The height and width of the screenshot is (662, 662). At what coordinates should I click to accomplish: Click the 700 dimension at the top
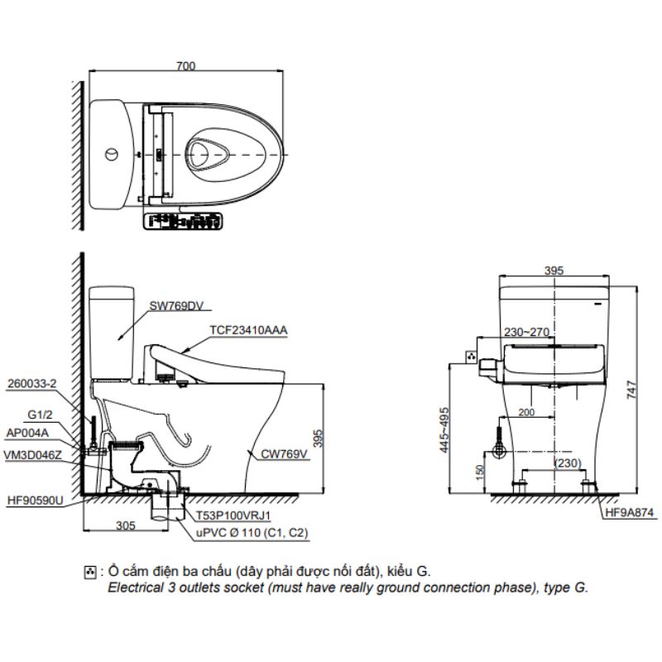click(186, 66)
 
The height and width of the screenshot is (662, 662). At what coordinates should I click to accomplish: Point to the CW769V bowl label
click(285, 453)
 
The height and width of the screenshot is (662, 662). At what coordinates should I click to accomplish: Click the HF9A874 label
click(629, 512)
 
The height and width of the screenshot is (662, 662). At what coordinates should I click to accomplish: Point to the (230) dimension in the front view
click(568, 463)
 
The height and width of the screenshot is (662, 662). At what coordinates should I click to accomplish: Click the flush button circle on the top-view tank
click(110, 155)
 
